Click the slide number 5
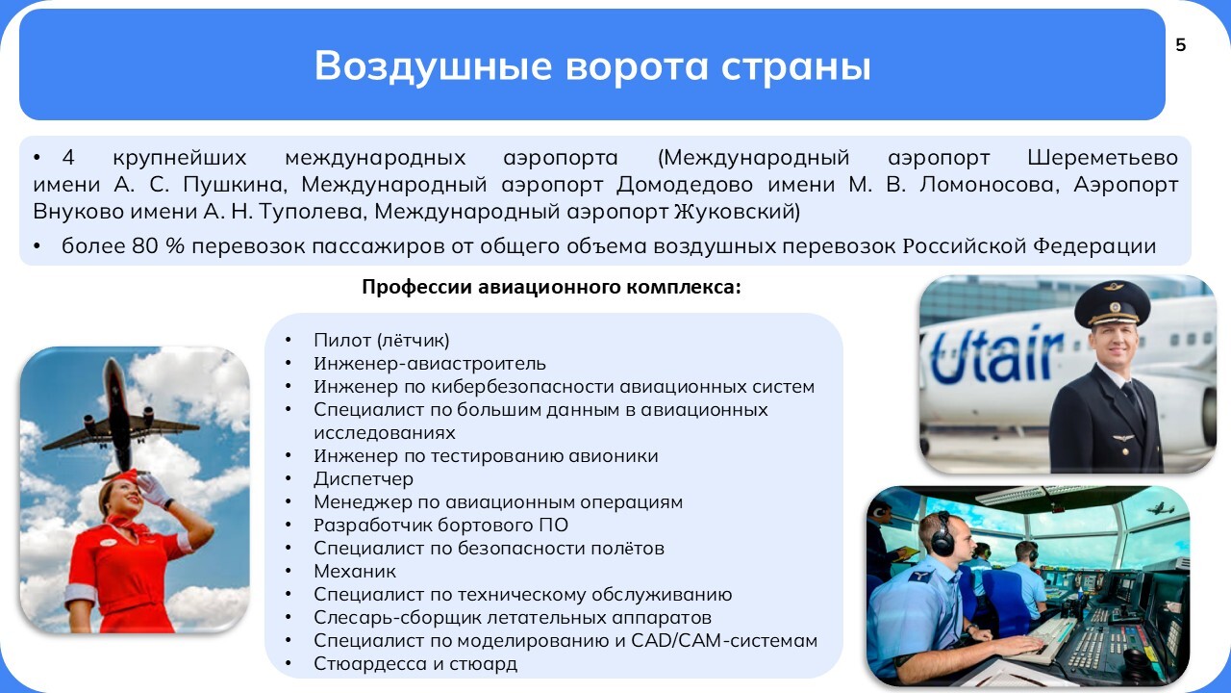coord(1180,45)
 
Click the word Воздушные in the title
coord(433,66)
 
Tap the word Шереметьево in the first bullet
coord(1102,158)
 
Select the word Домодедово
coord(684,184)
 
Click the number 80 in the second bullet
coord(144,245)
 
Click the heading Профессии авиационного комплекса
coord(551,287)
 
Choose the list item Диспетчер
coord(364,479)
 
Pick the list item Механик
coord(355,571)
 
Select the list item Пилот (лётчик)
coord(382,341)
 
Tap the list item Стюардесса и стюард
coord(415,664)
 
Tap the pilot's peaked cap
coord(1113,305)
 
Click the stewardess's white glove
coord(155,491)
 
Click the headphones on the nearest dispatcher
coord(942,533)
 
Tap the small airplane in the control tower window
coord(1160,508)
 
